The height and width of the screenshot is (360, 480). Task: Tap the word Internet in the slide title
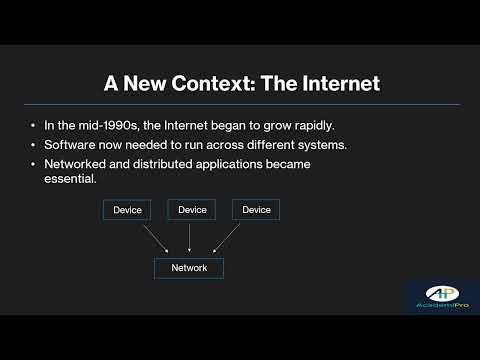pyautogui.click(x=334, y=83)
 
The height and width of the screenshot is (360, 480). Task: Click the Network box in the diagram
pyautogui.click(x=189, y=268)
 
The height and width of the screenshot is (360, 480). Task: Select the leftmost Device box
pyautogui.click(x=126, y=210)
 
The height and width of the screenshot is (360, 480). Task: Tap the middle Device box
pyautogui.click(x=191, y=210)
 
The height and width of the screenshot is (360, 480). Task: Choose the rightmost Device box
pyautogui.click(x=256, y=210)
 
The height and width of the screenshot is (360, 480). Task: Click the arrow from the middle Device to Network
pyautogui.click(x=190, y=238)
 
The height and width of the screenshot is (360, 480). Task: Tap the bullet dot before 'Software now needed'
pyautogui.click(x=35, y=145)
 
